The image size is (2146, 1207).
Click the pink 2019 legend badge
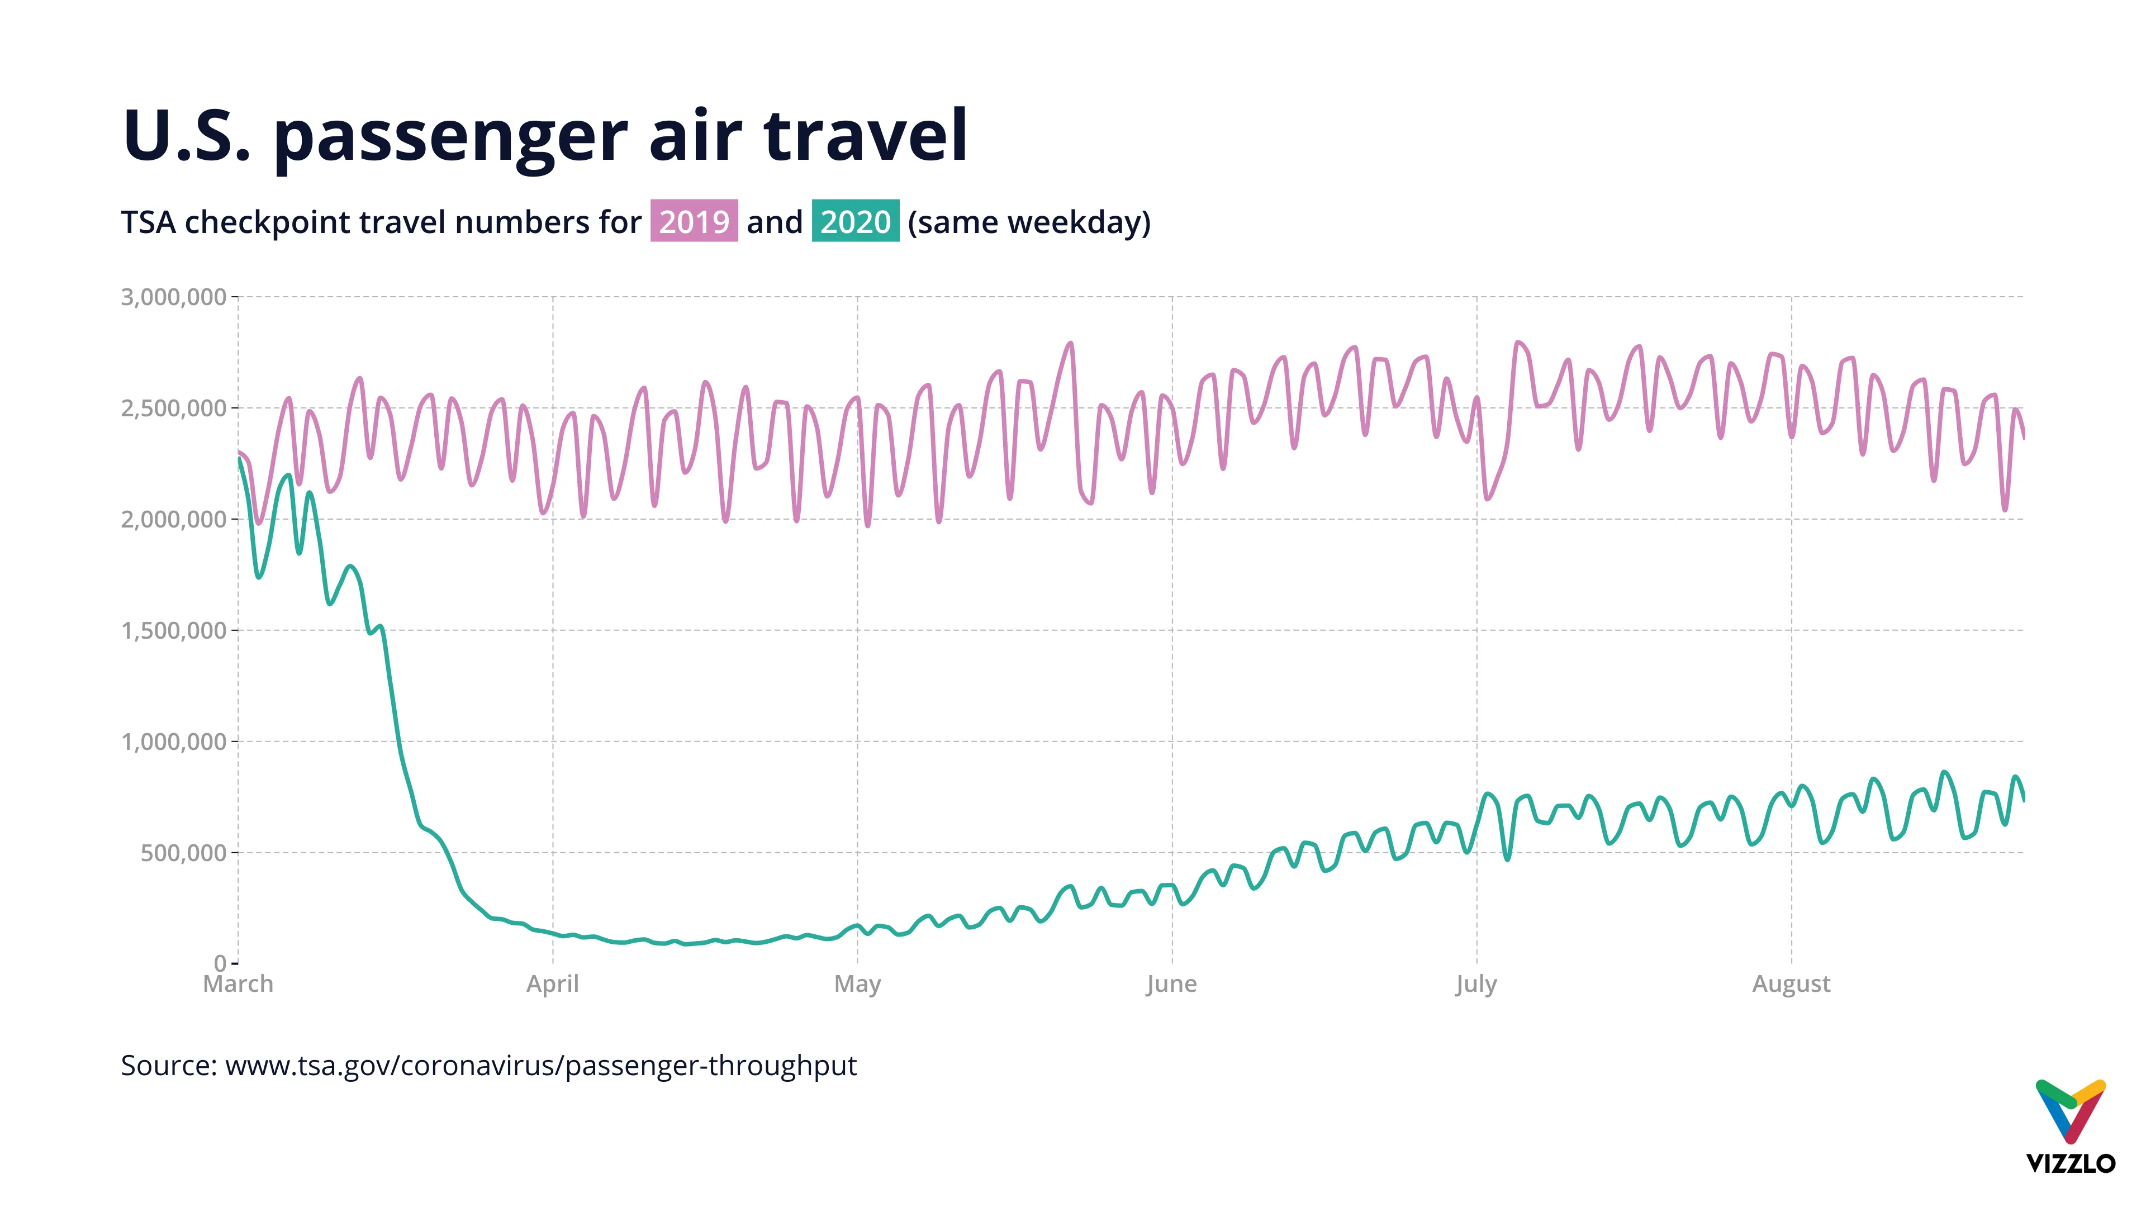[x=694, y=222]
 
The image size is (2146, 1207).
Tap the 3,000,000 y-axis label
[x=173, y=297]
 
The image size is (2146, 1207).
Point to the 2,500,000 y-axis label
[x=173, y=408]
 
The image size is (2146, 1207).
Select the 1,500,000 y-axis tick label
[x=173, y=630]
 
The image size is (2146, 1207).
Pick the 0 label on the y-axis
[x=220, y=964]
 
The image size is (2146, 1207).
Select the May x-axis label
[x=857, y=985]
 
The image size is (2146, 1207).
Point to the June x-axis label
[x=1171, y=985]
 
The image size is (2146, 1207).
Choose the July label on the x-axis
[x=1476, y=985]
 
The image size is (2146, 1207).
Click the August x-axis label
[x=1791, y=985]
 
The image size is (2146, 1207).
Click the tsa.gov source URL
[x=540, y=1066]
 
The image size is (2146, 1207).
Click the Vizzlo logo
[x=2070, y=1126]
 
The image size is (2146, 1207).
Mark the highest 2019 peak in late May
[x=1071, y=343]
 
